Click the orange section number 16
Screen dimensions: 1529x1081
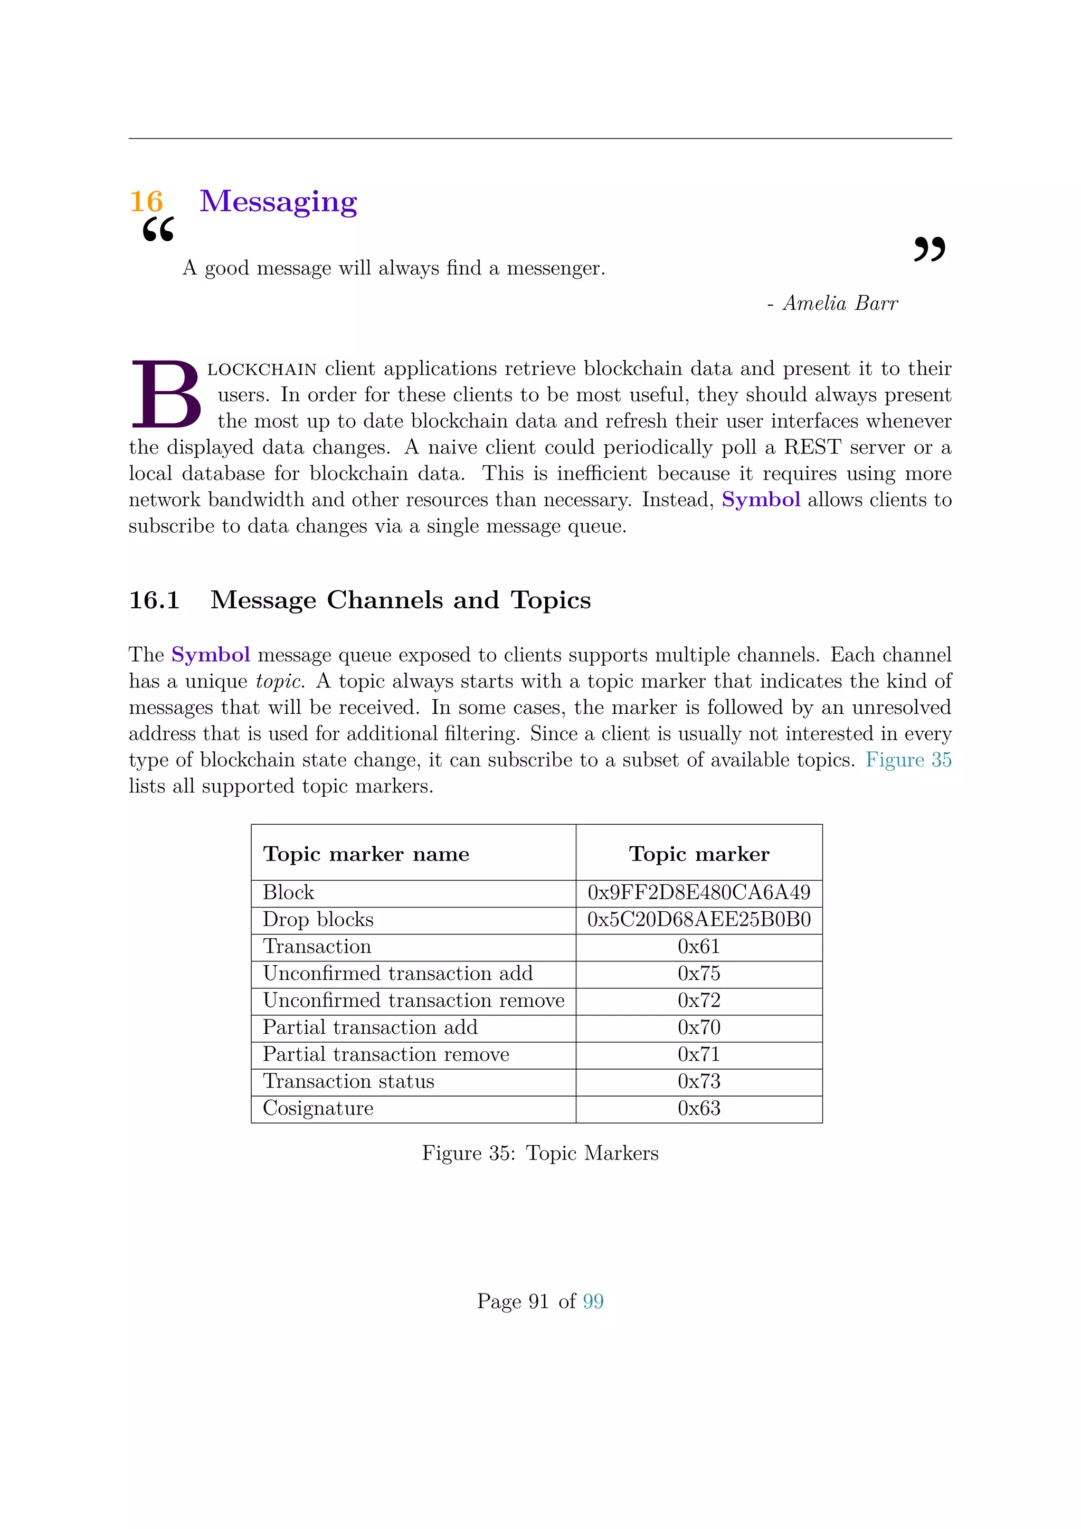[146, 201]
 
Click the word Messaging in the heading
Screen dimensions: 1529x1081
[278, 201]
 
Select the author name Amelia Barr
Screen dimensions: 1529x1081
[840, 304]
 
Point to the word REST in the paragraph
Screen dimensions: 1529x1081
[812, 447]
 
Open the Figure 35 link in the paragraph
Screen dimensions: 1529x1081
[908, 760]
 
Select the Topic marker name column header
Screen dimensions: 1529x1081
[366, 854]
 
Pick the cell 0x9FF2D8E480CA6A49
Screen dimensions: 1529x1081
[699, 892]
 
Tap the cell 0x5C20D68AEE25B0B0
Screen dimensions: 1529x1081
[699, 920]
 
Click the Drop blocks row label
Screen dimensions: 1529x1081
[318, 920]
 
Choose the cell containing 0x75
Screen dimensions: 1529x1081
[699, 974]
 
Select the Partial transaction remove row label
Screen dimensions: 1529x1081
[386, 1054]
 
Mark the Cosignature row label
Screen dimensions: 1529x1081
[318, 1108]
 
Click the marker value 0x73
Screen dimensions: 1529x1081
[699, 1081]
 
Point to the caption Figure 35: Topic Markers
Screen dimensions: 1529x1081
[540, 1153]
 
